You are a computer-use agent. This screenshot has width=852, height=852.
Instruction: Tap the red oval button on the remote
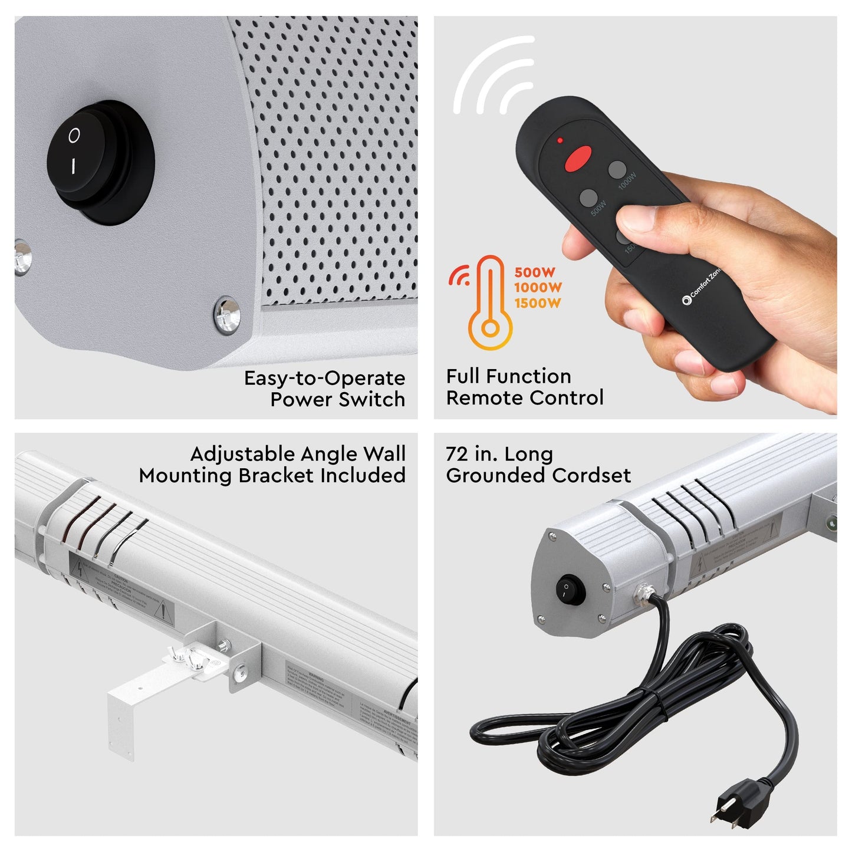coord(578,159)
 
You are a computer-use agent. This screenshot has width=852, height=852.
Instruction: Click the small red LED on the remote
coord(560,141)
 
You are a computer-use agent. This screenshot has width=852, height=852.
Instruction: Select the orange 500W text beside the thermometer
coord(535,272)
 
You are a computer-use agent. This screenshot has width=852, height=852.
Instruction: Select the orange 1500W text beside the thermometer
coord(537,304)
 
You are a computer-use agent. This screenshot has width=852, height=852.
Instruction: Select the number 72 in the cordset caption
coord(456,454)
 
